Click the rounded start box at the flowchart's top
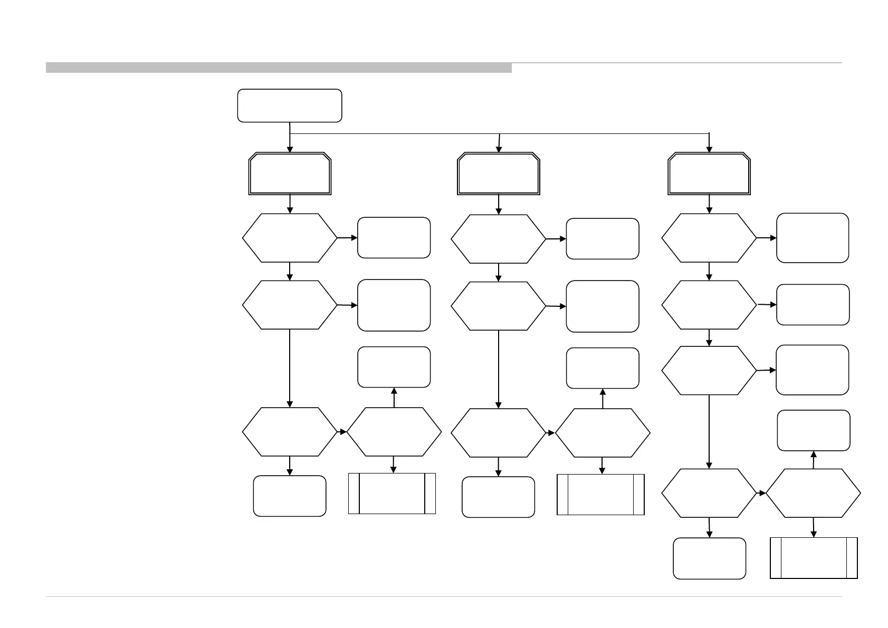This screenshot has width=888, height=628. pyautogui.click(x=290, y=105)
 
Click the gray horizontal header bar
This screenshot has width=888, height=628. pyautogui.click(x=279, y=67)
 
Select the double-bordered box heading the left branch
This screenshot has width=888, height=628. pyautogui.click(x=290, y=174)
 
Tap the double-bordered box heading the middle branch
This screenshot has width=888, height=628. pyautogui.click(x=499, y=174)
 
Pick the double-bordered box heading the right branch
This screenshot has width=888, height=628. pyautogui.click(x=709, y=174)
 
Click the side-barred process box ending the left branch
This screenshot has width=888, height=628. pyautogui.click(x=392, y=494)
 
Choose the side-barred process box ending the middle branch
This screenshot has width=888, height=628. pyautogui.click(x=601, y=495)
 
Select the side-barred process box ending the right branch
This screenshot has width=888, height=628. pyautogui.click(x=814, y=558)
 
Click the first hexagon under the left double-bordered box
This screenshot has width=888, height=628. pyautogui.click(x=290, y=238)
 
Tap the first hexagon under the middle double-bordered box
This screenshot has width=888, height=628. pyautogui.click(x=499, y=239)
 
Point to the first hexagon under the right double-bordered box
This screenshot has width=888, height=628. pyautogui.click(x=709, y=238)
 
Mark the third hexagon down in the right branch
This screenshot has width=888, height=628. pyautogui.click(x=709, y=371)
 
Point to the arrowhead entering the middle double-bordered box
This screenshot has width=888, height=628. pyautogui.click(x=499, y=150)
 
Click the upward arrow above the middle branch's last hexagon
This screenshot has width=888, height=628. pyautogui.click(x=603, y=398)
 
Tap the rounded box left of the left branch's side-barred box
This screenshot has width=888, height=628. pyautogui.click(x=290, y=496)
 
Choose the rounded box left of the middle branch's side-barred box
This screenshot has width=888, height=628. pyautogui.click(x=498, y=497)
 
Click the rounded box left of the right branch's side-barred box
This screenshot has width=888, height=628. pyautogui.click(x=710, y=558)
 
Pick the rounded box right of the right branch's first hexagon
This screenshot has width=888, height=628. pyautogui.click(x=813, y=238)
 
